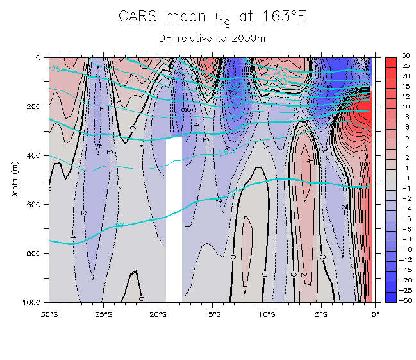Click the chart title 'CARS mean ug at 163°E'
[212, 17]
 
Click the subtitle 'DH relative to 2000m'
[212, 38]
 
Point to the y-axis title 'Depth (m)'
[15, 180]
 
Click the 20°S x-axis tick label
[158, 314]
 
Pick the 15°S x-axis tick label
[213, 314]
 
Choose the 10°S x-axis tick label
[267, 314]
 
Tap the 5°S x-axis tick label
[321, 314]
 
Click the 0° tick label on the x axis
[376, 314]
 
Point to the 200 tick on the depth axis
[37, 106]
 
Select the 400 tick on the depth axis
[37, 155]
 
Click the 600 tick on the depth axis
[37, 204]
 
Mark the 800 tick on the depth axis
[37, 253]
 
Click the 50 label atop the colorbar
[406, 56]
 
